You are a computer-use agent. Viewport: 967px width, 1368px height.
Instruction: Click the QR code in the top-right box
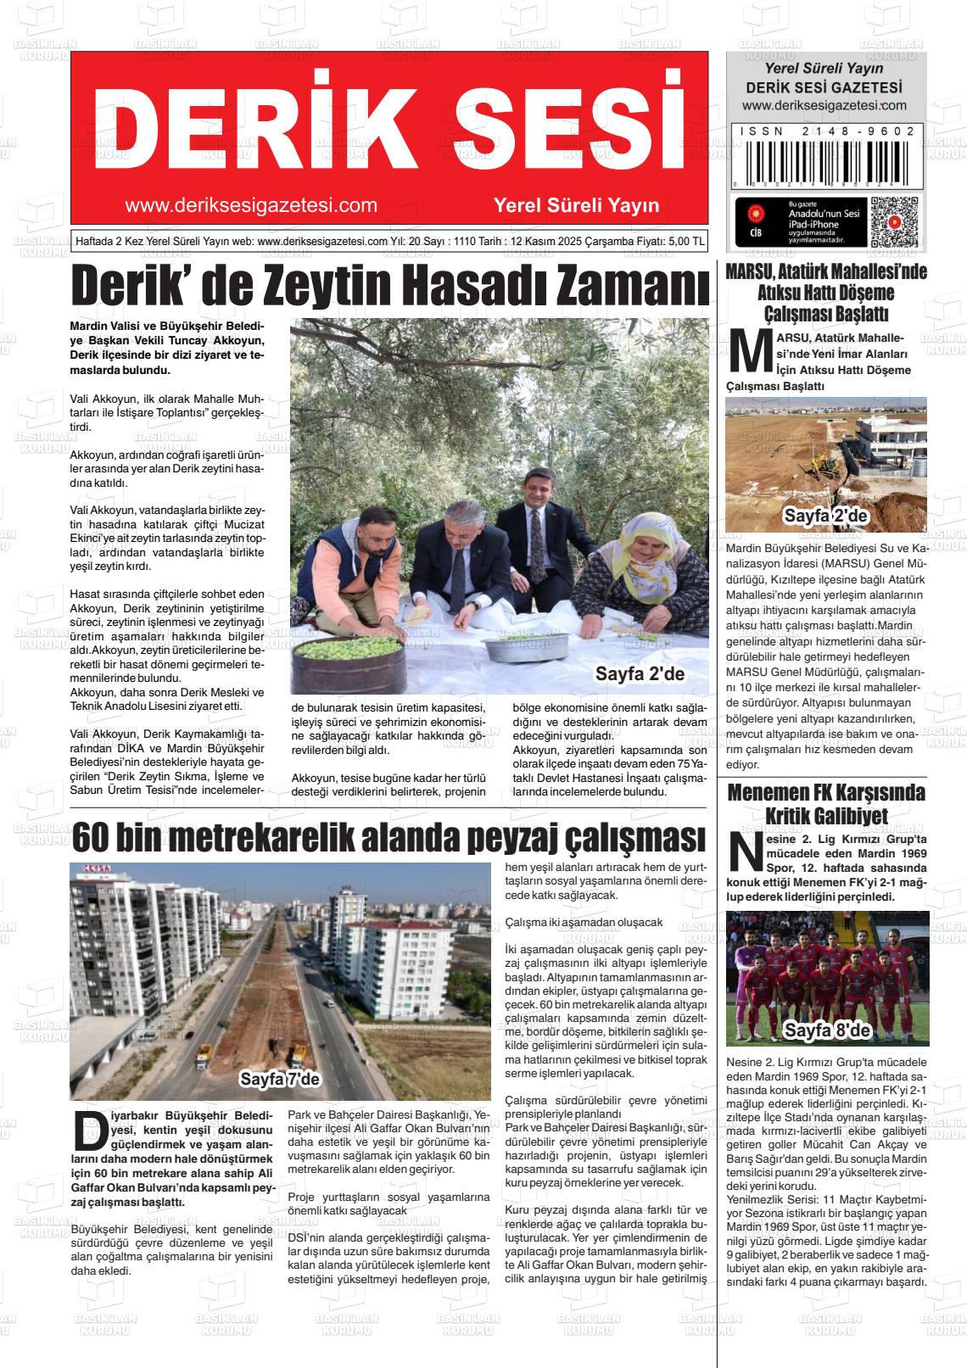click(x=893, y=222)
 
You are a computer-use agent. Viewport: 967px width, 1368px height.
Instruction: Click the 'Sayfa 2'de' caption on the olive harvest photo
click(x=640, y=674)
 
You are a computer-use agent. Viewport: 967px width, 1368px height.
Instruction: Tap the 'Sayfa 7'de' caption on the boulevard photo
click(x=279, y=1080)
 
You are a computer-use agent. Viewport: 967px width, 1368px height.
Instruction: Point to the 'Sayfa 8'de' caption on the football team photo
click(x=827, y=1030)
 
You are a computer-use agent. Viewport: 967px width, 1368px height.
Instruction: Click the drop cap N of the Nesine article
click(x=746, y=853)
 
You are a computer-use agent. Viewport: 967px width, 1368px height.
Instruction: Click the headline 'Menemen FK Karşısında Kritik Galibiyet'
click(x=826, y=803)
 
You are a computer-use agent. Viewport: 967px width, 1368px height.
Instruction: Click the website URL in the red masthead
click(x=250, y=205)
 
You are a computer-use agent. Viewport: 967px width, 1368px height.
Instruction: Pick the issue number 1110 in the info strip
click(x=467, y=241)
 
